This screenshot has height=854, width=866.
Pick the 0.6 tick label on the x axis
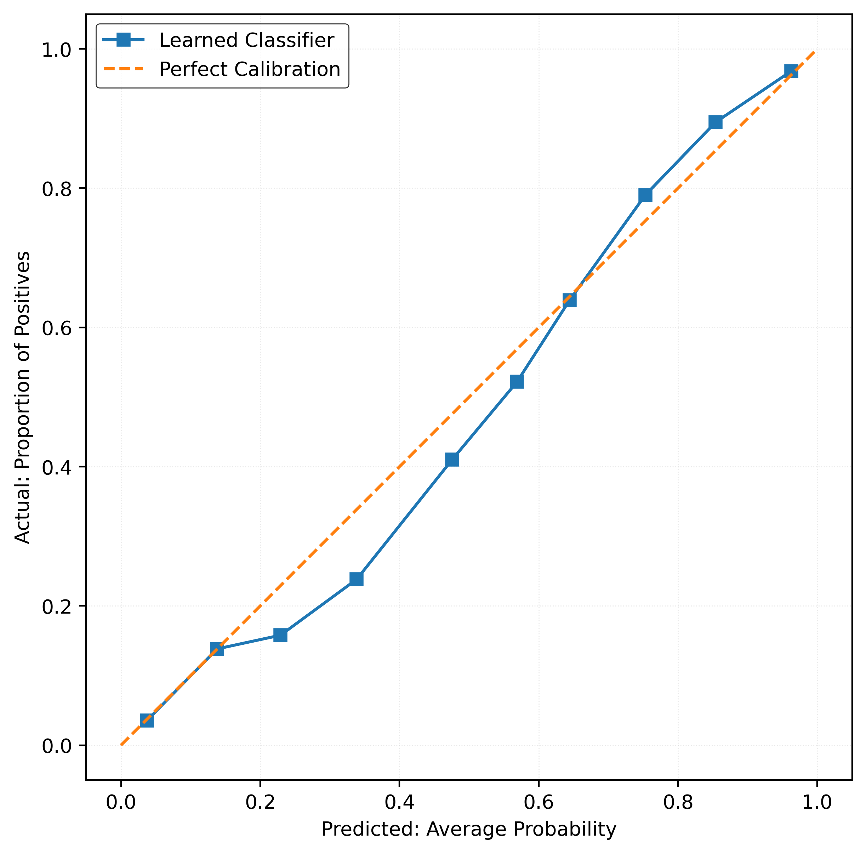tap(539, 802)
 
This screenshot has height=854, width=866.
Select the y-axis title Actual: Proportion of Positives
tap(22, 397)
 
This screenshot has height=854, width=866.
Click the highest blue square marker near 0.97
tap(791, 71)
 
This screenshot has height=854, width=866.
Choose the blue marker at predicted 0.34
tap(357, 579)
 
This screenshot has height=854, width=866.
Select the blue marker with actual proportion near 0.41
tap(452, 460)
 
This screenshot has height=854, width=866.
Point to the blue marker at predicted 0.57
tap(517, 381)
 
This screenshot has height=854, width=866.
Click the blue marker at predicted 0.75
tap(645, 195)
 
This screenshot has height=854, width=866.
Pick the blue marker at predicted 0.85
tap(716, 122)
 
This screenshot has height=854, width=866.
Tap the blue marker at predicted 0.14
tap(217, 649)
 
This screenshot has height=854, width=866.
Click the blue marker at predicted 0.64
tap(569, 300)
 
